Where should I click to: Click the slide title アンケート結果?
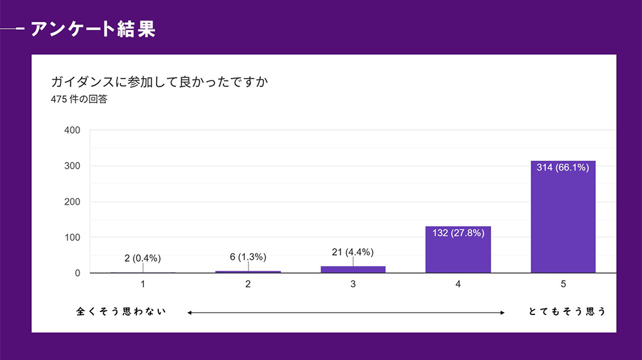pos(92,29)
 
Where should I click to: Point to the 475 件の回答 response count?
pos(79,100)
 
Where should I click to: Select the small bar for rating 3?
pos(353,269)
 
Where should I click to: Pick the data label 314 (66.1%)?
pos(563,167)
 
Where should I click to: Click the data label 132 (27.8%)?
pos(458,233)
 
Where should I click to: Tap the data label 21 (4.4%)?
pos(353,252)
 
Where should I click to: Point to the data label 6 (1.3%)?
pos(248,257)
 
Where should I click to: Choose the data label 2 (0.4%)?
pos(143,258)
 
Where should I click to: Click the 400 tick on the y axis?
pos(73,130)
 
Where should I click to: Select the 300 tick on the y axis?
pos(73,166)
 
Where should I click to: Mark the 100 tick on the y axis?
pos(73,238)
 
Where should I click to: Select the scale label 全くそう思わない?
pos(121,311)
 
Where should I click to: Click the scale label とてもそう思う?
pos(567,311)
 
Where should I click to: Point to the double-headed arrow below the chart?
pos(346,312)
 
